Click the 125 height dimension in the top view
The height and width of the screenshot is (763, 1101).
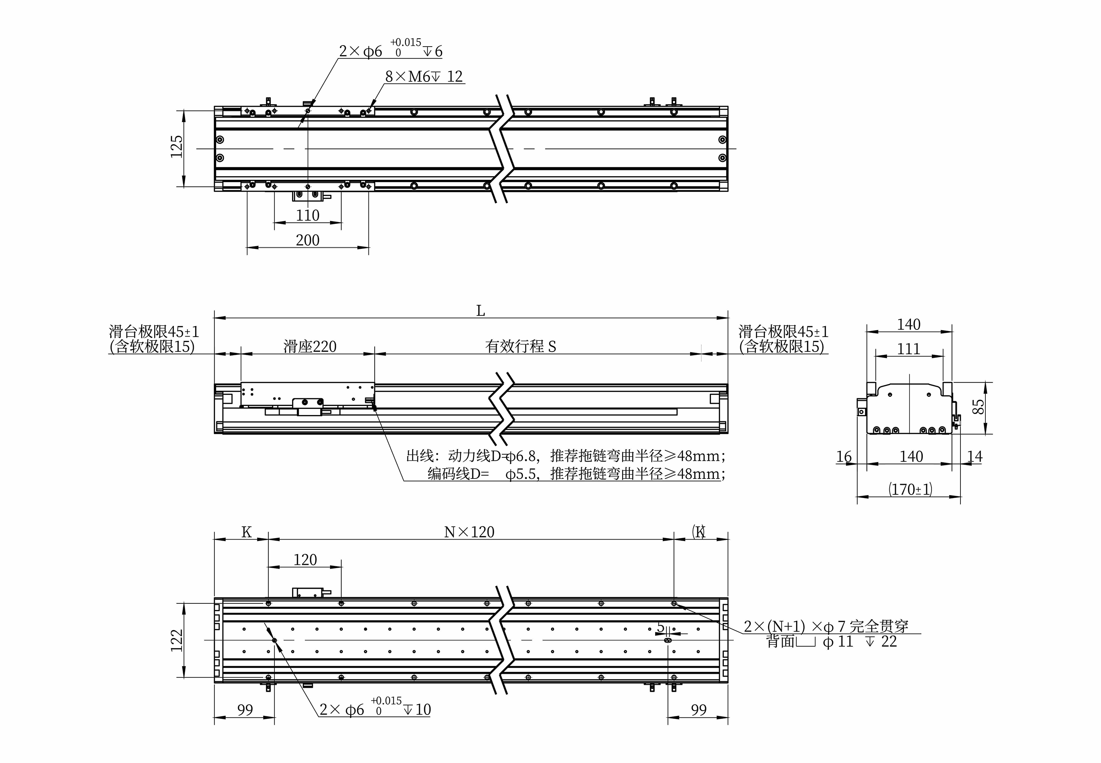(x=177, y=146)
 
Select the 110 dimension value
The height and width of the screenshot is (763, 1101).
(x=308, y=215)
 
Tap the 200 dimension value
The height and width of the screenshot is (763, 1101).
(x=308, y=240)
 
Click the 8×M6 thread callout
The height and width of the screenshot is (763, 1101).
(x=424, y=76)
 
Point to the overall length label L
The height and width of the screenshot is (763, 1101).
(x=480, y=311)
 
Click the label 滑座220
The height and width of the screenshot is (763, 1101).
(x=310, y=346)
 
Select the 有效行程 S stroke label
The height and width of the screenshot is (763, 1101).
(x=521, y=346)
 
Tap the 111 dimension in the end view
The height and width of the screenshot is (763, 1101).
(x=908, y=349)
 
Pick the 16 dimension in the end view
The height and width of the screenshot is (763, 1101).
(x=844, y=457)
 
